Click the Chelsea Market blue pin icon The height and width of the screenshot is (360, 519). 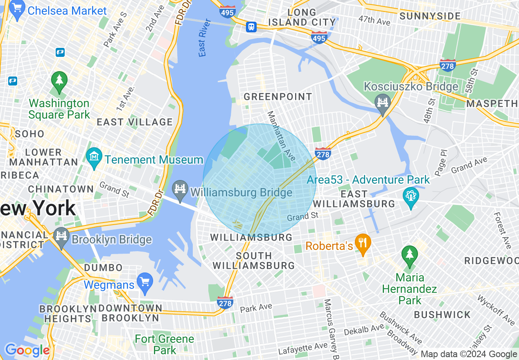coord(17,10)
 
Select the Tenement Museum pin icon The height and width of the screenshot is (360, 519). coord(95,157)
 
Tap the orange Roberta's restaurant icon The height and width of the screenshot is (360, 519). coord(362,243)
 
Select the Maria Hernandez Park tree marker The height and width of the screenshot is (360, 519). coord(409,255)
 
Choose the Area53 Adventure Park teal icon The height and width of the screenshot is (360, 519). coord(411,197)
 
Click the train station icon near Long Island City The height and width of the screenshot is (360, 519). coord(251,27)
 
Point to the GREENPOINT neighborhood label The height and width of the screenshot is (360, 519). coord(278,97)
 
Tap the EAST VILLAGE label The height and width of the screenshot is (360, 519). coord(135,122)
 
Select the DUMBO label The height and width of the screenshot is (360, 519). coord(103,268)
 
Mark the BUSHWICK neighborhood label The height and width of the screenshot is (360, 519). coord(442,315)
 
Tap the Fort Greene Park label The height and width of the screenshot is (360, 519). coord(165,344)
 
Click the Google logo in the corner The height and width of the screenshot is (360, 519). coord(27,351)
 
